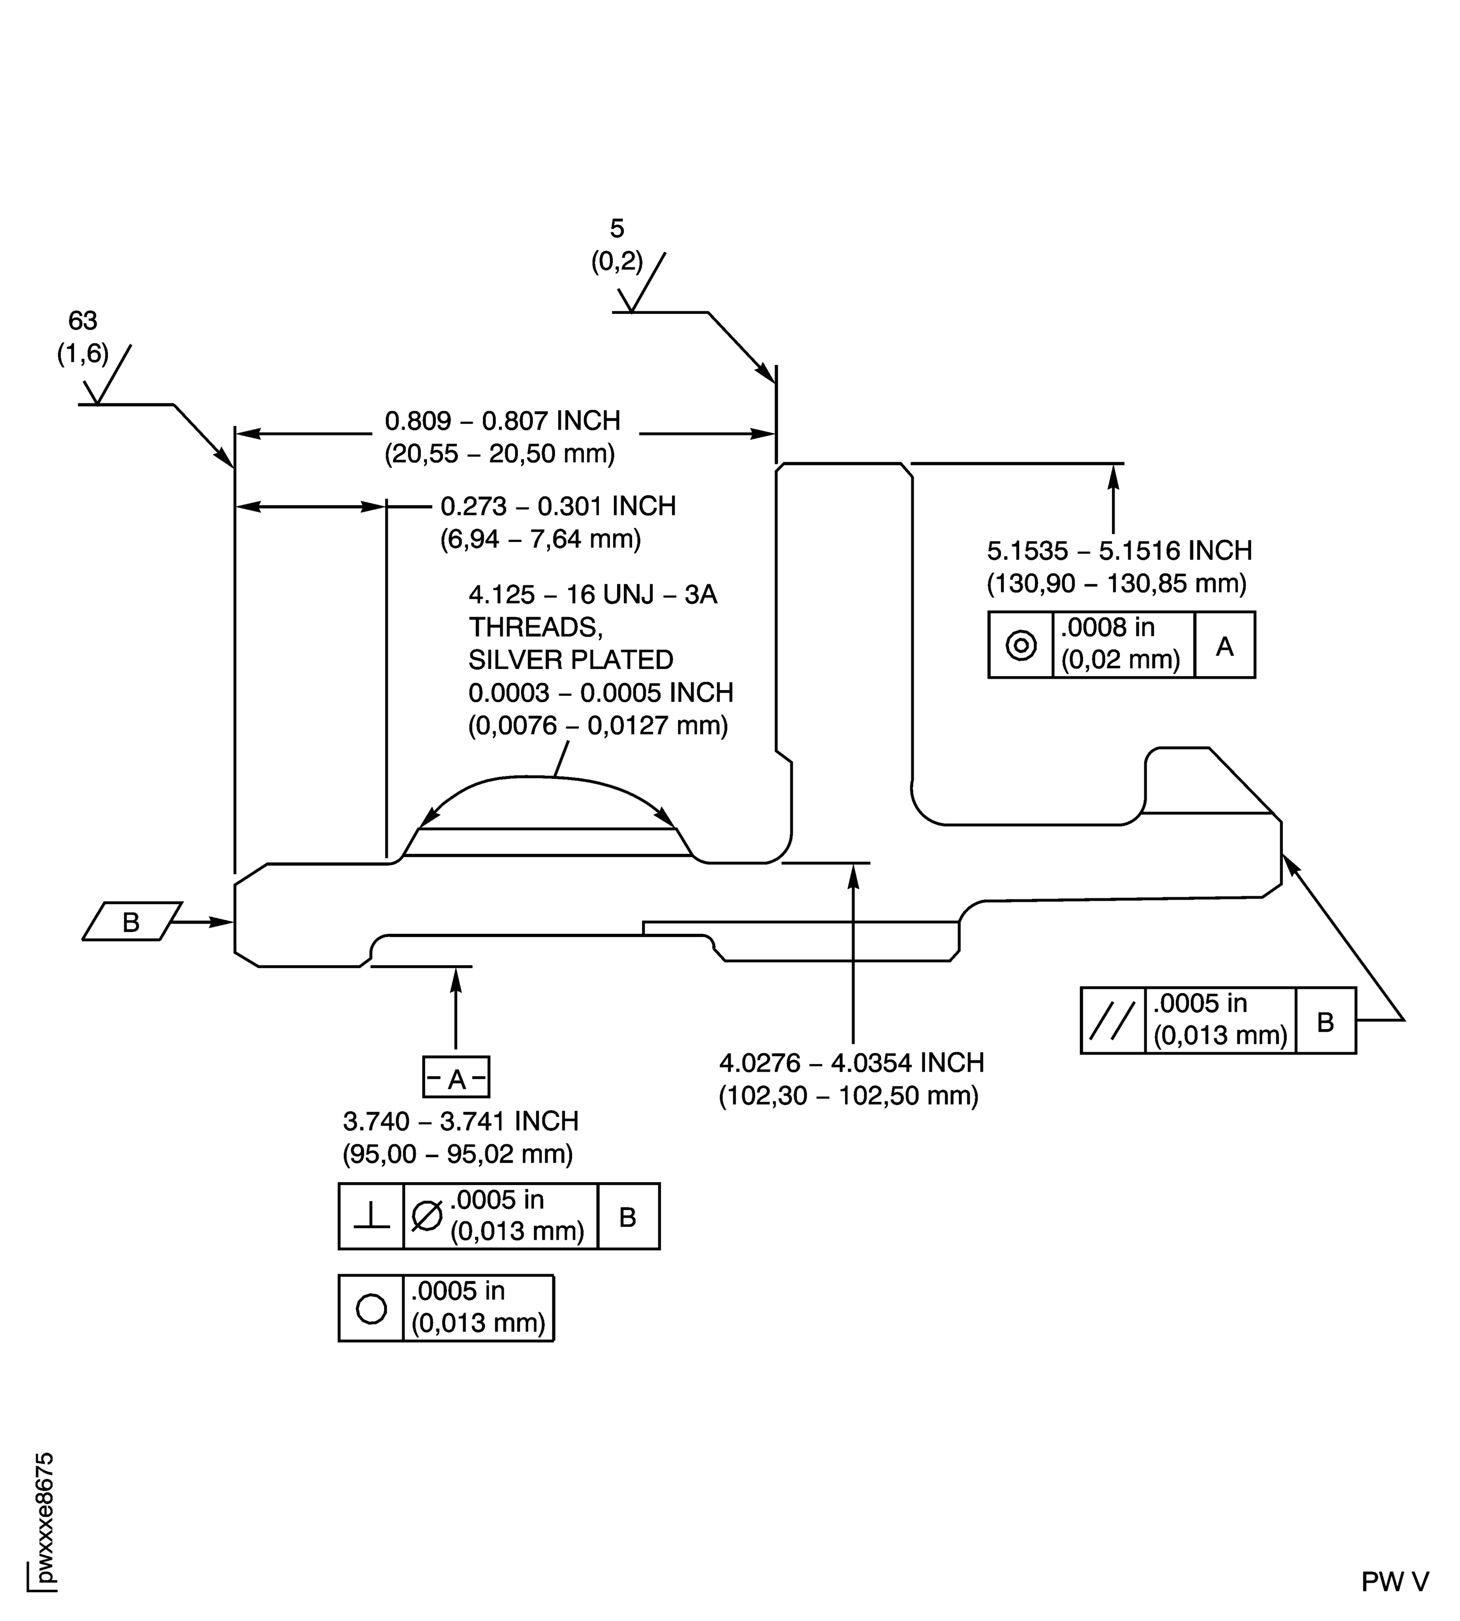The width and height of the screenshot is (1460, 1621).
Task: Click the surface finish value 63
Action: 82,321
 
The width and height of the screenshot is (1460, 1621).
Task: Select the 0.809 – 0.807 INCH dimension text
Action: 502,421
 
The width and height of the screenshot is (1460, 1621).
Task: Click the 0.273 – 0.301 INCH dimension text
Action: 558,506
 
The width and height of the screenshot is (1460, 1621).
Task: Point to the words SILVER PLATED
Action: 570,659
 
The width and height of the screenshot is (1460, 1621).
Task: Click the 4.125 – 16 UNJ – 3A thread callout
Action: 592,595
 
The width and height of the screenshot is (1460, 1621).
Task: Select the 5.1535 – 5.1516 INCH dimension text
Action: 1119,551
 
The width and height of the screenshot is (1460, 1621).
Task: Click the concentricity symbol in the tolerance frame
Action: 1020,645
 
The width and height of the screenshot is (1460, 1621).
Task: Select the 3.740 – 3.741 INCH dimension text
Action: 461,1121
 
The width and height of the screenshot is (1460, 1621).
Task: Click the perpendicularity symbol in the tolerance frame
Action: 371,1217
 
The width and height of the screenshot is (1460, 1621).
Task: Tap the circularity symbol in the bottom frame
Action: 371,1309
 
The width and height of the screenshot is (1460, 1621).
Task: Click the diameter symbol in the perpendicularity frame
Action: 427,1216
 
